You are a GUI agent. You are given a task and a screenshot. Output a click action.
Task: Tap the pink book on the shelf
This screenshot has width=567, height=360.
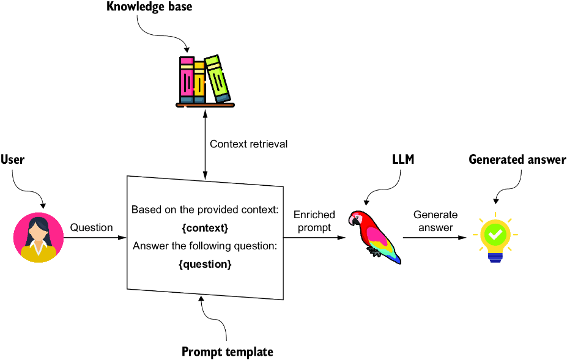click(187, 80)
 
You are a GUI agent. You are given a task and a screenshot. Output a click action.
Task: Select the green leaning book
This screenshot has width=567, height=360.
click(217, 78)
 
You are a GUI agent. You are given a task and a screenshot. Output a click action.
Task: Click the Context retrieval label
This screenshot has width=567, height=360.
click(248, 144)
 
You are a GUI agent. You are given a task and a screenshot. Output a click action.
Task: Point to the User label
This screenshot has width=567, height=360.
click(12, 160)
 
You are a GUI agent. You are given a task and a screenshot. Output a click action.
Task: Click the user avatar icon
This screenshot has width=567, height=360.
click(38, 237)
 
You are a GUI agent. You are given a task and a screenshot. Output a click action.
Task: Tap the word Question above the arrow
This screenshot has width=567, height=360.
click(91, 227)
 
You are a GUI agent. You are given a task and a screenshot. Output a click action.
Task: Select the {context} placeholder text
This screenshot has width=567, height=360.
click(205, 228)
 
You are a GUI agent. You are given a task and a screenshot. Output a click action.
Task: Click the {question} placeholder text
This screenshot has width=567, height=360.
click(205, 265)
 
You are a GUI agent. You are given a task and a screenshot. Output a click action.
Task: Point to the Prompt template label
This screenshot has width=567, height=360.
click(227, 351)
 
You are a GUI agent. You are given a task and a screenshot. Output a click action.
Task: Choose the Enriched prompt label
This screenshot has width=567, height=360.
click(314, 221)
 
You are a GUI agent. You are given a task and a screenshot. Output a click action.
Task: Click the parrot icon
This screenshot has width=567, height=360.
click(374, 235)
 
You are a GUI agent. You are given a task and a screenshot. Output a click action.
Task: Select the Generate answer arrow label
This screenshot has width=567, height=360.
click(435, 221)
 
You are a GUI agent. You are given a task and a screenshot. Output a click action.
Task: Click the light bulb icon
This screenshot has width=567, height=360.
click(495, 238)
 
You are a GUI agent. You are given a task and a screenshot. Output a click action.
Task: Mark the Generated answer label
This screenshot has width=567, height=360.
click(517, 160)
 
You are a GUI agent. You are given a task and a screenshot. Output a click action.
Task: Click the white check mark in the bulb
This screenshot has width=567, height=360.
click(495, 233)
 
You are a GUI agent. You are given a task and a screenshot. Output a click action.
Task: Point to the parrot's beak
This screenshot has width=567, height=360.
click(353, 219)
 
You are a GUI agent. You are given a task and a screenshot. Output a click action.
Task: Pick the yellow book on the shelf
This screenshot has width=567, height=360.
click(200, 81)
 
